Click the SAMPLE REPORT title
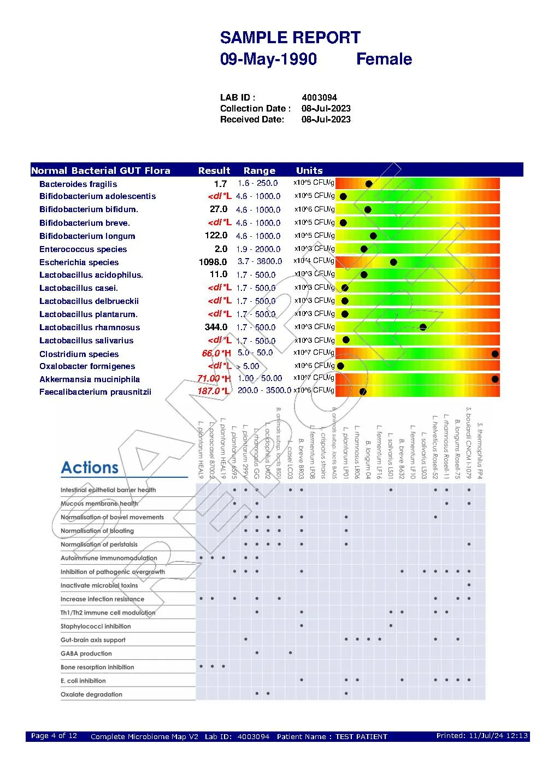pos(290,38)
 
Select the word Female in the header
pos(384,59)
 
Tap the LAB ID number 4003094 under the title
pos(319,98)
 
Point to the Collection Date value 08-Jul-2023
pos(326,108)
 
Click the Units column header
pos(309,171)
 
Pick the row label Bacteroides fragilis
pos(78,184)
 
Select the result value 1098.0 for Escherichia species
pos(213,262)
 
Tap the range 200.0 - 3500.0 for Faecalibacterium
pos(264,391)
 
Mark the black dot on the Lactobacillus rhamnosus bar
pos(423,327)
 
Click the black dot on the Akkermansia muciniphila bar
pos(495,379)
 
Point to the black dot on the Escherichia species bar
pos(393,262)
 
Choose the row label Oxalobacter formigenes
pos(87,366)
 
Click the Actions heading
pos(90,468)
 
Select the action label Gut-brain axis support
pos(93,640)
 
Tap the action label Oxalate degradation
pos(91,695)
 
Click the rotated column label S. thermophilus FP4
pos(480,451)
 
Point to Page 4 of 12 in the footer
pos(54,736)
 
